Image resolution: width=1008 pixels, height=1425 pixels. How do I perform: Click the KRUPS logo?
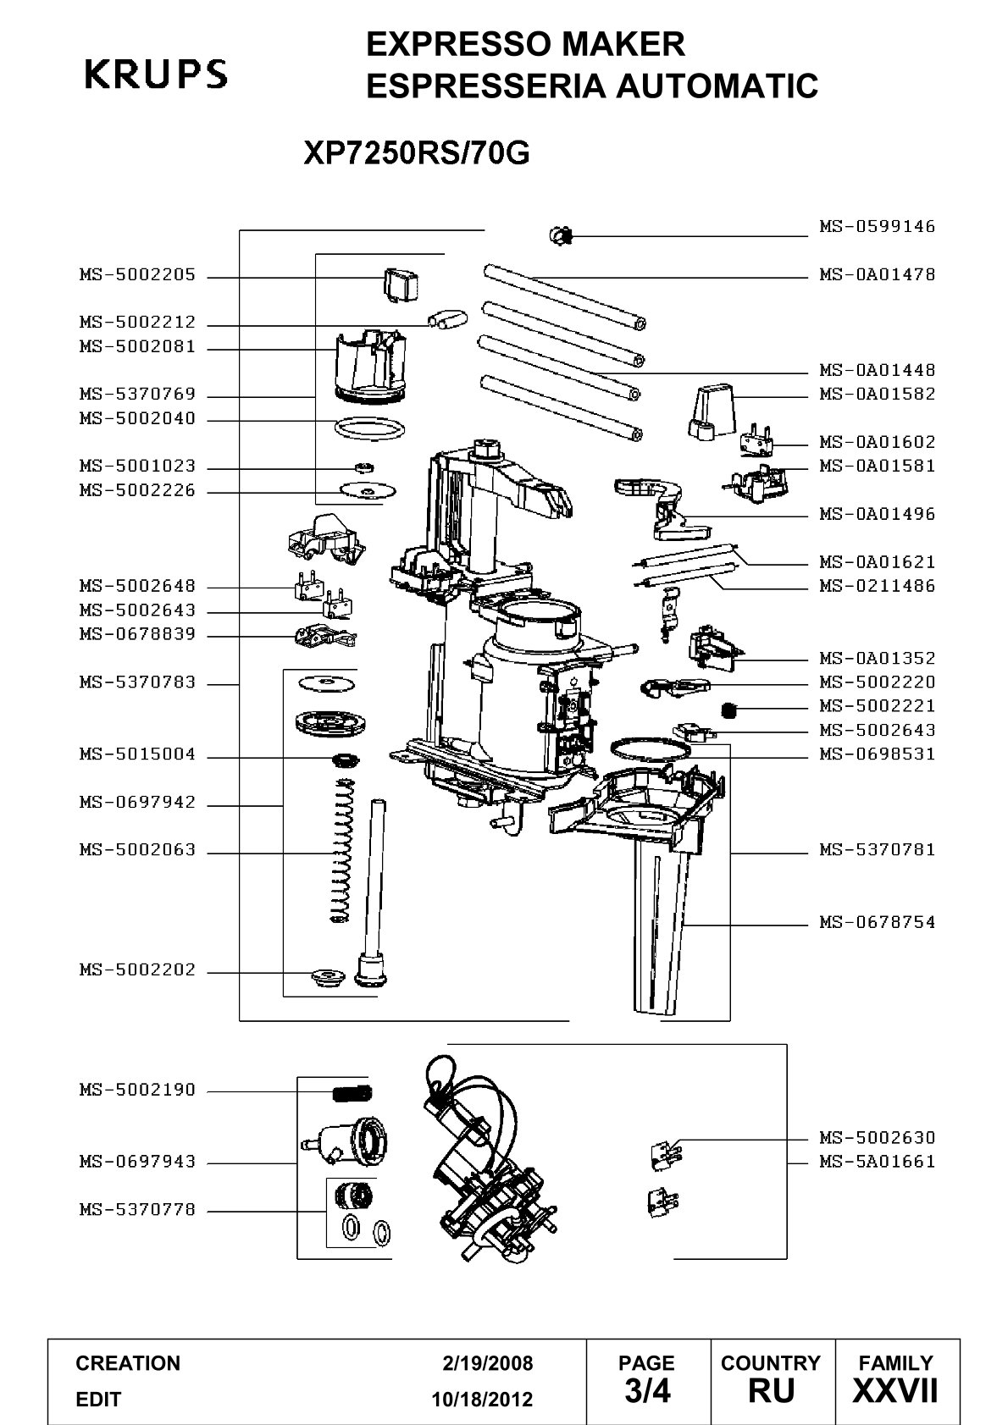coord(156,74)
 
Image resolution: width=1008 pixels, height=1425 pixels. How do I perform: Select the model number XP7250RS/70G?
coord(417,152)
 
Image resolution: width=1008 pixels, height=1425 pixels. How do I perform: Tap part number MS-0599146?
coord(877,226)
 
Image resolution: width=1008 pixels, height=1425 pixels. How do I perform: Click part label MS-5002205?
coord(137,275)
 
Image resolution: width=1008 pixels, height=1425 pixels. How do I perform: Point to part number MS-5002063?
coord(137,850)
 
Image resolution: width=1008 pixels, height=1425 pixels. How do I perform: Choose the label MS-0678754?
coord(877,922)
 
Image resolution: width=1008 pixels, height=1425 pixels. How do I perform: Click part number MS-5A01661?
coord(877,1162)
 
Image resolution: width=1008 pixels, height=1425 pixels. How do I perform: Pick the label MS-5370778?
coord(137,1209)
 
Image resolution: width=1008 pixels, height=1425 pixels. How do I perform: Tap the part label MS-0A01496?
coord(877,514)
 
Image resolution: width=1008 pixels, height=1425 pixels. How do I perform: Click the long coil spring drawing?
coord(341,850)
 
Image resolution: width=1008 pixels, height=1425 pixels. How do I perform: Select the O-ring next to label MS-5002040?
coord(369,428)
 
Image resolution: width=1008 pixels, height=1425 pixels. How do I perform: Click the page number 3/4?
coord(647,1391)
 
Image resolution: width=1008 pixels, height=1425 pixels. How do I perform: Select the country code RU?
coord(772,1391)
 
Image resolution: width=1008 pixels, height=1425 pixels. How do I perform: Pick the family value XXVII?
coord(895,1391)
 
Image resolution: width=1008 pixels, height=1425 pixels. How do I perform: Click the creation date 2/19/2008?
coord(487,1363)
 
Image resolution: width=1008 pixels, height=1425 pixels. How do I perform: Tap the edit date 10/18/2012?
coord(482,1400)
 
